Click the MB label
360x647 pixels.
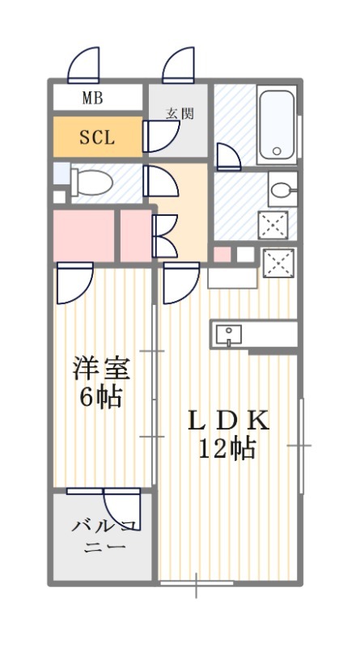pos(92,98)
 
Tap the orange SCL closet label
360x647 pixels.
pos(97,137)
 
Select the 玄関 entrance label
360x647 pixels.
pos(180,113)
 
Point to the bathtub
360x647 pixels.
pos(277,125)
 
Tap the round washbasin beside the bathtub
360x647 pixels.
pos(283,190)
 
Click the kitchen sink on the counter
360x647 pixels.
pos(228,334)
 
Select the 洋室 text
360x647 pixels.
pos(102,369)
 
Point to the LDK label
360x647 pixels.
pos(228,421)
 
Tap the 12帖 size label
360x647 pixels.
pos(227,449)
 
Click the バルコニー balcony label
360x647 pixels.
pos(104,536)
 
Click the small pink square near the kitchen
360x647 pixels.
pos(222,254)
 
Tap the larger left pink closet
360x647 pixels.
pos(84,235)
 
